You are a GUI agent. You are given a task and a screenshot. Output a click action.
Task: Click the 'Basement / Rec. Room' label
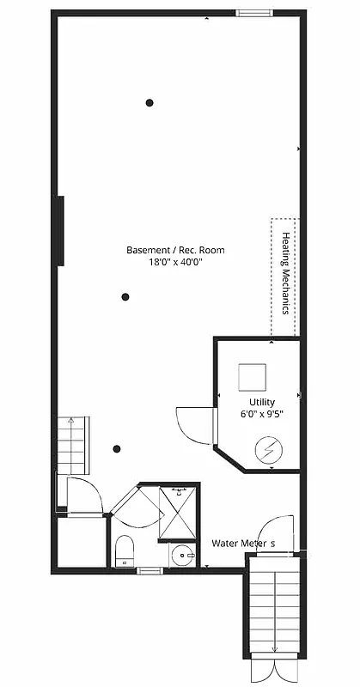pyautogui.click(x=175, y=251)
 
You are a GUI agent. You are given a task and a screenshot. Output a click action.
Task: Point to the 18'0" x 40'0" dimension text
pyautogui.click(x=175, y=264)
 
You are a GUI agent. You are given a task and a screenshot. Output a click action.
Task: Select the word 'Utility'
pyautogui.click(x=262, y=401)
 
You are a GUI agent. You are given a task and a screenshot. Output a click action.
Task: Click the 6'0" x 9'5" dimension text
pyautogui.click(x=262, y=413)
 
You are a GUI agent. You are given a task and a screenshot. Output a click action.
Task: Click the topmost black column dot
pyautogui.click(x=149, y=102)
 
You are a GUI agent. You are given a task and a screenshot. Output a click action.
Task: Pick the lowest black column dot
pyautogui.click(x=118, y=447)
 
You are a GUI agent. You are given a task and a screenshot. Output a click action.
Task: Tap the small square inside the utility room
pyautogui.click(x=253, y=376)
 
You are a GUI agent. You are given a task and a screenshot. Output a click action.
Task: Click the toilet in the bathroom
pyautogui.click(x=125, y=550)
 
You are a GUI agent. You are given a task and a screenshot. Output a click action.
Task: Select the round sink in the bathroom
pyautogui.click(x=182, y=556)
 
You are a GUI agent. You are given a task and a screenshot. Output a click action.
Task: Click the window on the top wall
pyautogui.click(x=251, y=12)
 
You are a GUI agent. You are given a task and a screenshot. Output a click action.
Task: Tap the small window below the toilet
pyautogui.click(x=149, y=570)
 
